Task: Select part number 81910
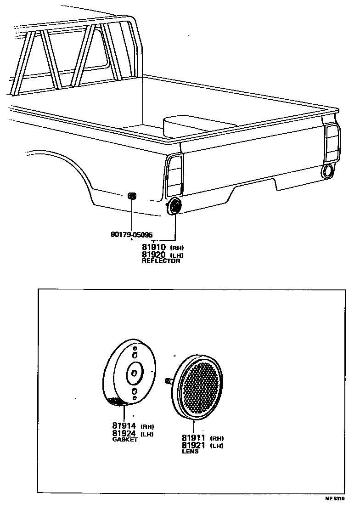pyautogui.click(x=153, y=247)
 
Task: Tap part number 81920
pyautogui.click(x=153, y=255)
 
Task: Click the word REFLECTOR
pyautogui.click(x=161, y=261)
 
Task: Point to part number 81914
pyautogui.click(x=124, y=425)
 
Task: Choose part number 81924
pyautogui.click(x=124, y=434)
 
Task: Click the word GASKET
pyautogui.click(x=125, y=440)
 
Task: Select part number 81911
pyautogui.click(x=193, y=437)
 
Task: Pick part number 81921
pyautogui.click(x=193, y=445)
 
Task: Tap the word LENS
pyautogui.click(x=190, y=452)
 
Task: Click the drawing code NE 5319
pyautogui.click(x=335, y=498)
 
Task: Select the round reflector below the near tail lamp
pyautogui.click(x=174, y=207)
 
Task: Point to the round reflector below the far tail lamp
pyautogui.click(x=328, y=171)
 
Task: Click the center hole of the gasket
pyautogui.click(x=134, y=374)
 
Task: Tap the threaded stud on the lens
pyautogui.click(x=168, y=380)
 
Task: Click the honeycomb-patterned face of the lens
pyautogui.click(x=199, y=388)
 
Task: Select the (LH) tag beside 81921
pyautogui.click(x=216, y=446)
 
